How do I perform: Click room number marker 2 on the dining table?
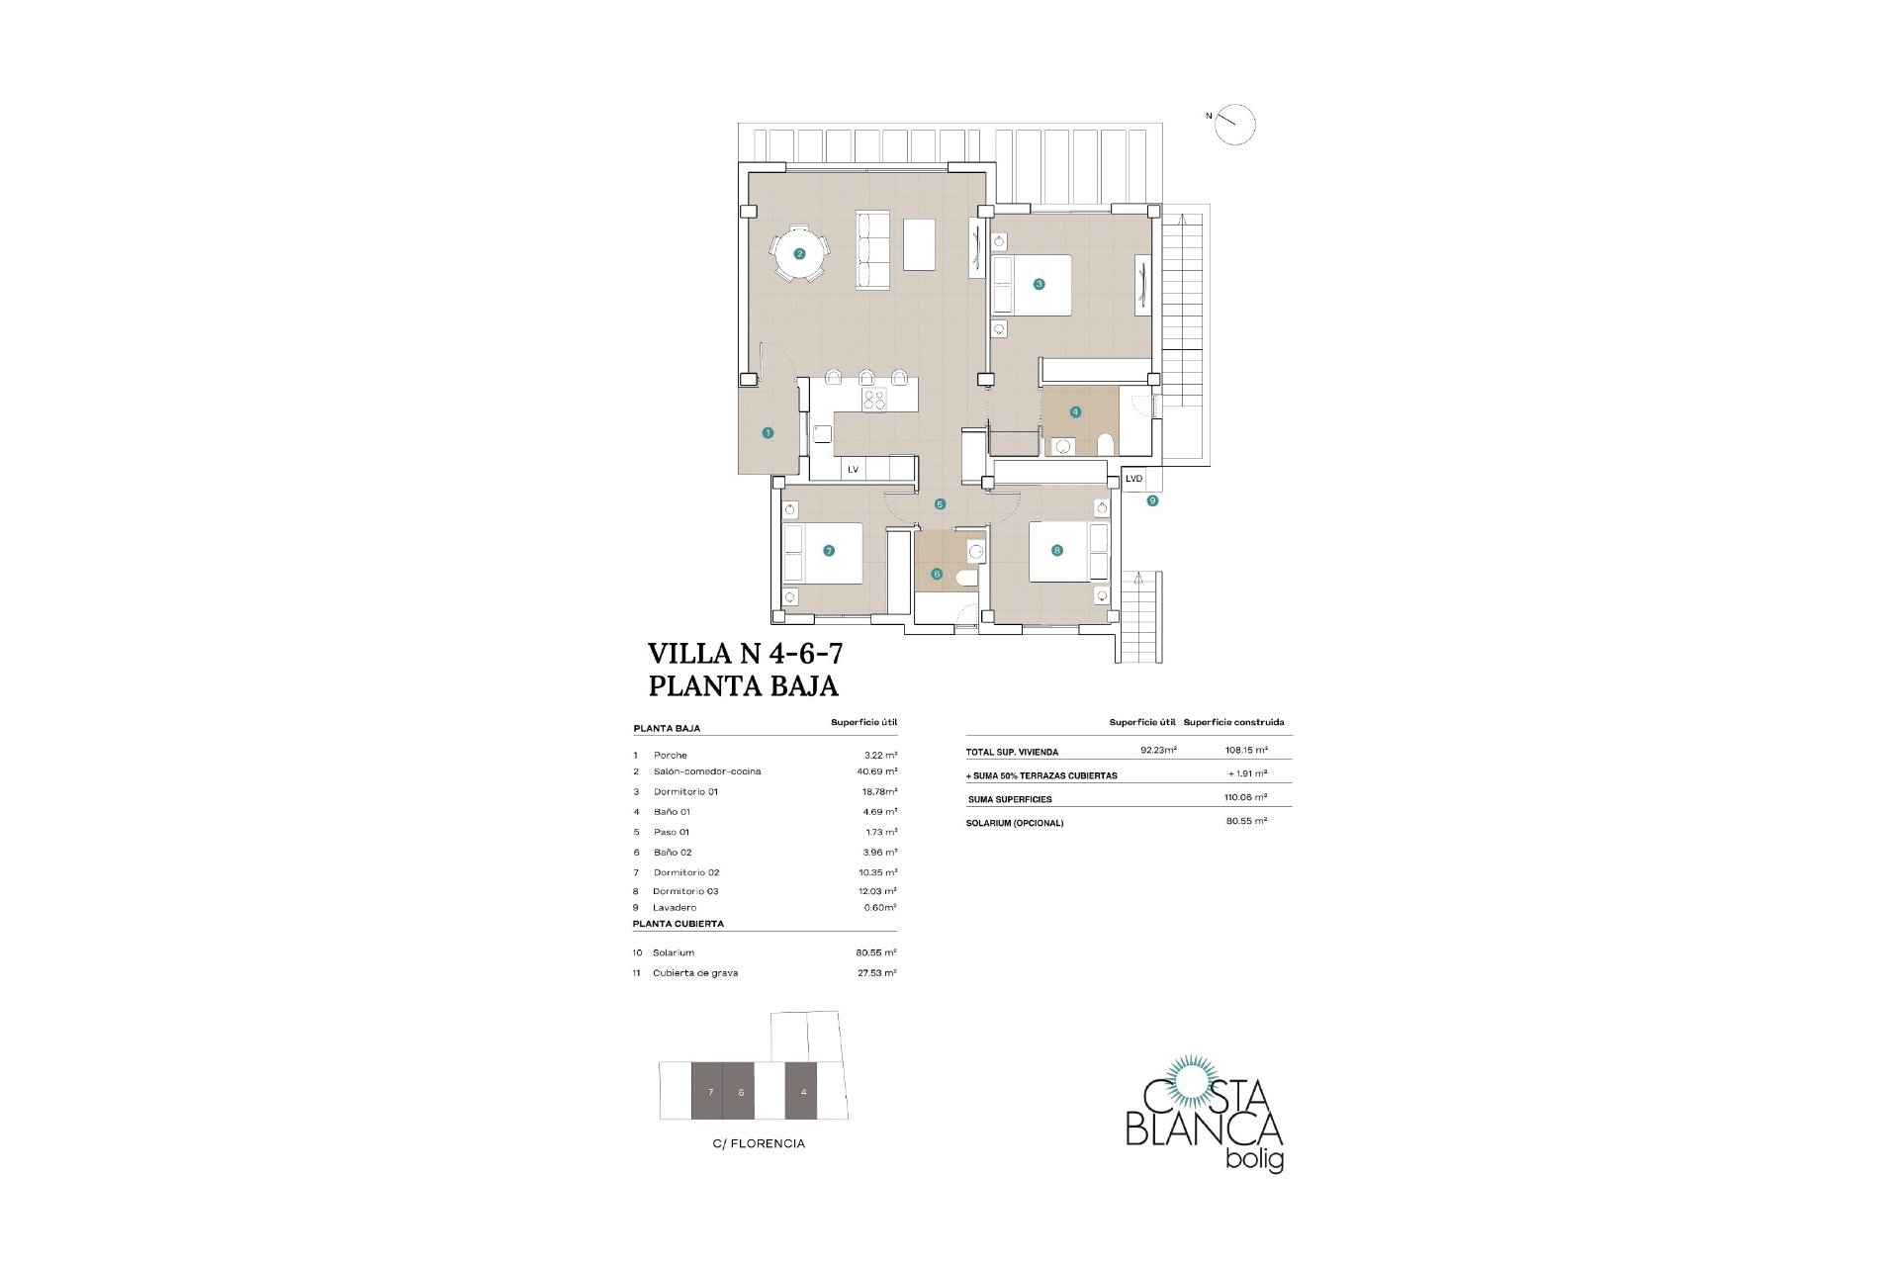[x=800, y=253]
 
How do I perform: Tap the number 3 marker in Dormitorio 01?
[x=1039, y=284]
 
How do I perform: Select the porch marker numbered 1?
[x=768, y=432]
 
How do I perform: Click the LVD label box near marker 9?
[x=1133, y=479]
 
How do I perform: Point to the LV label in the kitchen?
[x=853, y=470]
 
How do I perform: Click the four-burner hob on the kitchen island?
[x=182, y=400]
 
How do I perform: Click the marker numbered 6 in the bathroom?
[x=937, y=574]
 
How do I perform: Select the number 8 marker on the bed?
[x=1057, y=550]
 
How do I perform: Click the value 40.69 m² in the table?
[x=877, y=771]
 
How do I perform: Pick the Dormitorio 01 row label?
[x=685, y=791]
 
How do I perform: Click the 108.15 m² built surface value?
[x=1245, y=750]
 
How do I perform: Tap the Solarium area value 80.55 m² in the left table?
[x=876, y=952]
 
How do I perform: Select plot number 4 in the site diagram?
[x=804, y=1092]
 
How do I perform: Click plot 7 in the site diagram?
[x=710, y=1092]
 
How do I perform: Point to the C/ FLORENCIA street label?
[x=759, y=1143]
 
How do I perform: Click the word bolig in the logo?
[x=1254, y=1159]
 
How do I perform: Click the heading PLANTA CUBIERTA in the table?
[x=678, y=924]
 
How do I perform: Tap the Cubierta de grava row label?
[x=695, y=973]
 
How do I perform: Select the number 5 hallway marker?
[x=940, y=504]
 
